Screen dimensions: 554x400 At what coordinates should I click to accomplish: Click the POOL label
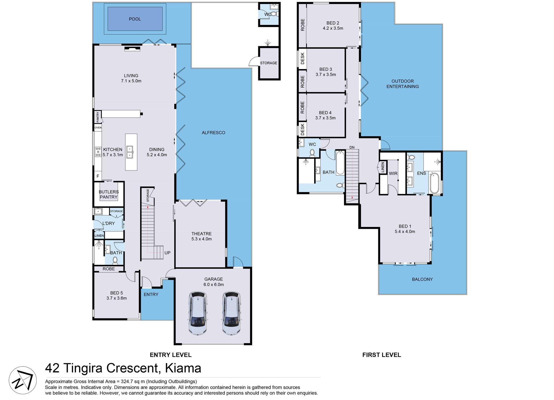point(135,19)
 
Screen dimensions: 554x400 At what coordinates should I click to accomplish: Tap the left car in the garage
point(198,313)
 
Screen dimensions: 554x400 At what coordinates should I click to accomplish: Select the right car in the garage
point(231,313)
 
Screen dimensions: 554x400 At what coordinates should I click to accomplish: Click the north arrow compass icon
point(23,380)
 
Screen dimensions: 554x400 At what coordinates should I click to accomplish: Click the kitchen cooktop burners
point(98,152)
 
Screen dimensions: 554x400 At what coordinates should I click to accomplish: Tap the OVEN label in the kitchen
point(98,128)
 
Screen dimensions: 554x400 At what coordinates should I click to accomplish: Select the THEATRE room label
point(201,234)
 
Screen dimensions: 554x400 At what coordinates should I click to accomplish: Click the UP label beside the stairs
point(167,253)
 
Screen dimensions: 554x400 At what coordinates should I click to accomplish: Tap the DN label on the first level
point(352,148)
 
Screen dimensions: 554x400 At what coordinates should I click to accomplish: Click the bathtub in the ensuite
point(434,183)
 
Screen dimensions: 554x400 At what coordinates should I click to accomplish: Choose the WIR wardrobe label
point(393,174)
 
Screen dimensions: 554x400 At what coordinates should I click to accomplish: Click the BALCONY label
point(422,279)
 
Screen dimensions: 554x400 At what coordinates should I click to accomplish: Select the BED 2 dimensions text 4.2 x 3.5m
point(333,28)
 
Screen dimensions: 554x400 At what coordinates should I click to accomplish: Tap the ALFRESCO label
point(213,133)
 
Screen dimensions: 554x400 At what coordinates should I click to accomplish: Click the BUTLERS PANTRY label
point(108,194)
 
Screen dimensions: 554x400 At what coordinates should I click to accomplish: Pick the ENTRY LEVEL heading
point(171,355)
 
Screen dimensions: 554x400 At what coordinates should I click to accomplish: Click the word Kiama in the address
point(183,368)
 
